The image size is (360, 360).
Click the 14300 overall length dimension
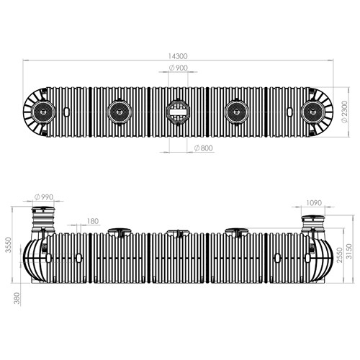[178, 56]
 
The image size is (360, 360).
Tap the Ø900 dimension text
[178, 68]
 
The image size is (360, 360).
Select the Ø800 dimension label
[204, 148]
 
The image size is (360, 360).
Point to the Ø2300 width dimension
[344, 112]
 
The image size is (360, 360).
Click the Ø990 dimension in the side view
[44, 197]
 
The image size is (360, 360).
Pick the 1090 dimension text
[314, 203]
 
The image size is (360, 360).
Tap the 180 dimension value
[93, 221]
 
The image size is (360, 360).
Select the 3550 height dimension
[9, 245]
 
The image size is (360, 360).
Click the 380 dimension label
[17, 298]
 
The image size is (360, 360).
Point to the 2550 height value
[340, 255]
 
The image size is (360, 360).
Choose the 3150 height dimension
[349, 251]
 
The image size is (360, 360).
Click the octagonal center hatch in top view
[178, 112]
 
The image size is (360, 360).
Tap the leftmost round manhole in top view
[43, 112]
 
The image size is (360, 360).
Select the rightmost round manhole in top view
[313, 112]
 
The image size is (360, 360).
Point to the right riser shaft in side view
[313, 224]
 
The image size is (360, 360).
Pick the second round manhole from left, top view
[120, 112]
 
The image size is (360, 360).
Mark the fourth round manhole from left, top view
[237, 112]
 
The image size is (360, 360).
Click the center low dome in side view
[179, 233]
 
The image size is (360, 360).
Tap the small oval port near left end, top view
[66, 111]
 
